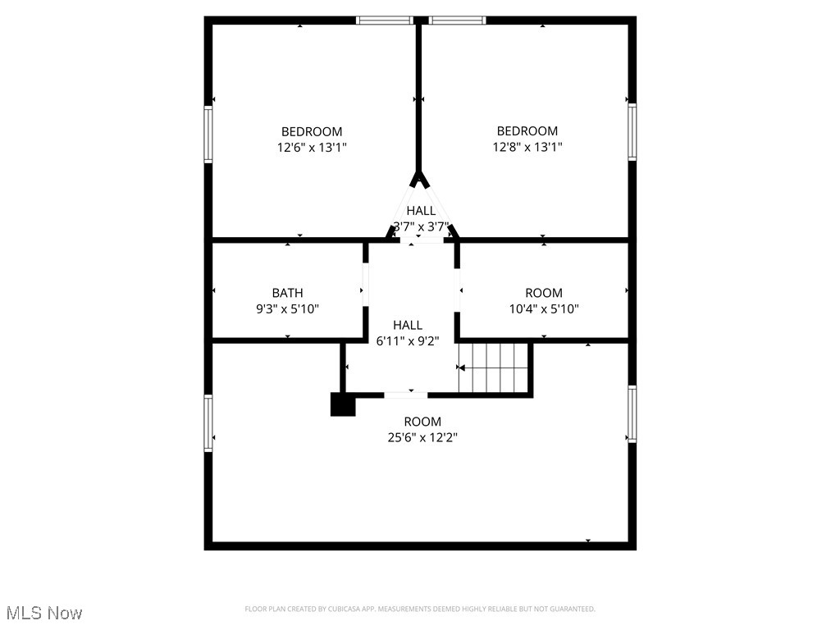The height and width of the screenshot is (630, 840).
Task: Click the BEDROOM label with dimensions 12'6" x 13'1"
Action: pos(312,132)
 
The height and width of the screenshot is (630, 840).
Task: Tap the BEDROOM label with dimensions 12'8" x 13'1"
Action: pos(527,131)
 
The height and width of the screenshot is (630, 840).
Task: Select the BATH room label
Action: pos(287,293)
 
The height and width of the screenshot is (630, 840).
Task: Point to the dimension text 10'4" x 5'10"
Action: pos(544,309)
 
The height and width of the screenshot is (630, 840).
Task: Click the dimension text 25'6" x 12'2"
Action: pos(422,438)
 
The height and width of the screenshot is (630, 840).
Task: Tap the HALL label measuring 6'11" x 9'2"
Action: pos(408,326)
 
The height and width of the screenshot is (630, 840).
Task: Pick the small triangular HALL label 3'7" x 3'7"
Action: pos(421,212)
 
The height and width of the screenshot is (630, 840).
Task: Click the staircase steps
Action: pos(493,368)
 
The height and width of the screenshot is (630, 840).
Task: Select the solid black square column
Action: pos(343,404)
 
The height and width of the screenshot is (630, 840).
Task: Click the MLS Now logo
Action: pos(44,613)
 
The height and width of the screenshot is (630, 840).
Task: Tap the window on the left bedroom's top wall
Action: pos(384,21)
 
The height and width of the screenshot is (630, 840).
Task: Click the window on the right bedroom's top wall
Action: pos(457,21)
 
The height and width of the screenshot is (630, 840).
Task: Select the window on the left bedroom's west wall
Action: pos(208,135)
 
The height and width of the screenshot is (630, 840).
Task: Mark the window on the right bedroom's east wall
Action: pos(632,131)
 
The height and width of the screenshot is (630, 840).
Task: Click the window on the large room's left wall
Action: pos(208,423)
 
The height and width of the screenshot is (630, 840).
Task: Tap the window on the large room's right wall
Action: pos(632,414)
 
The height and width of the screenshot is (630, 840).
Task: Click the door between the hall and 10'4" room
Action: pos(458,291)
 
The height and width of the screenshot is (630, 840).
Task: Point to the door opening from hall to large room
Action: pos(405,395)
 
